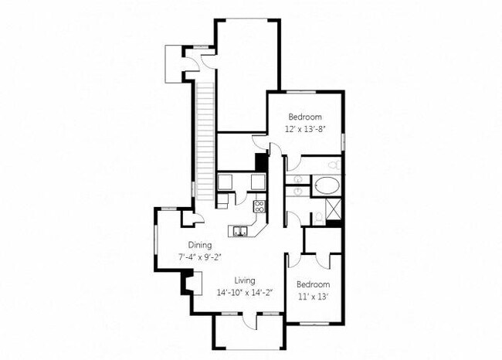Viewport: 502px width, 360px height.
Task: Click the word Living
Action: pyautogui.click(x=246, y=280)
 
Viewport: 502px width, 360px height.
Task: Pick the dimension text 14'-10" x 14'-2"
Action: pyautogui.click(x=246, y=291)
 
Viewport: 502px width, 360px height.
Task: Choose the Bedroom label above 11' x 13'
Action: pyautogui.click(x=314, y=284)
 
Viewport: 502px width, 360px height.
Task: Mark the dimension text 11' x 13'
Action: pyautogui.click(x=314, y=296)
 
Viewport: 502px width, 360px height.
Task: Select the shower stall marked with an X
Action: pyautogui.click(x=334, y=209)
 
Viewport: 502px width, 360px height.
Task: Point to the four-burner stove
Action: pyautogui.click(x=260, y=206)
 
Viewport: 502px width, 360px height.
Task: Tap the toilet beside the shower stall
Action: pyautogui.click(x=317, y=217)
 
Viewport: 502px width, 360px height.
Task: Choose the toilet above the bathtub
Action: pyautogui.click(x=332, y=165)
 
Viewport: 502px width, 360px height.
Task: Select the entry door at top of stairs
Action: pyautogui.click(x=195, y=63)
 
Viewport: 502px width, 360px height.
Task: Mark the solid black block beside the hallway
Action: pyautogui.click(x=261, y=162)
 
